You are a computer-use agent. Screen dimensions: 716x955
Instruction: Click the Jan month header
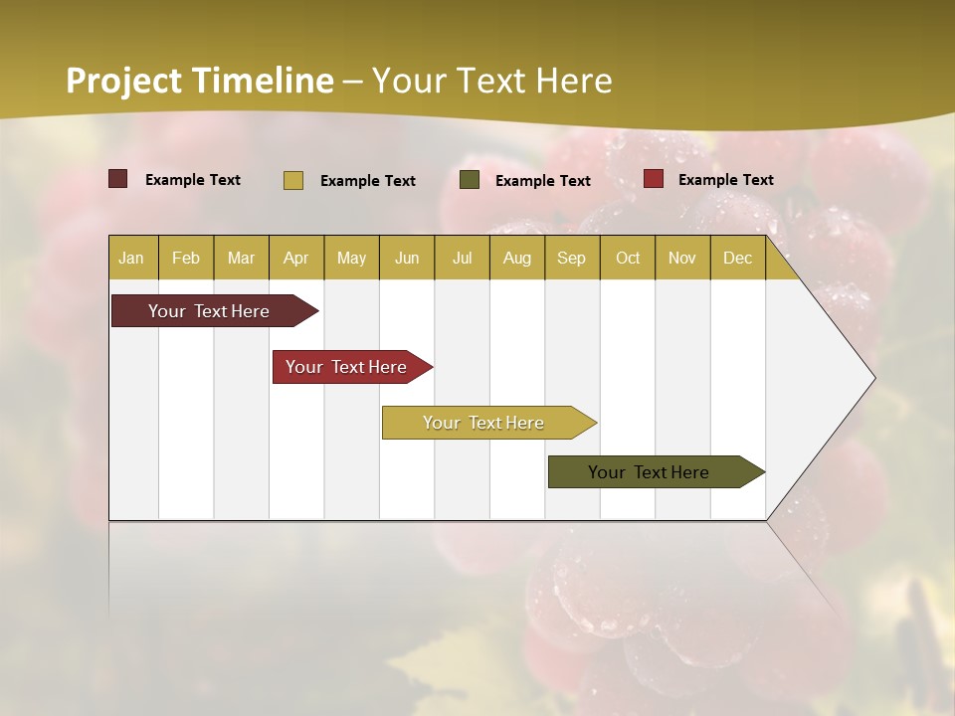tap(131, 258)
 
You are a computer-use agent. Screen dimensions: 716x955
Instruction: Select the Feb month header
tap(186, 258)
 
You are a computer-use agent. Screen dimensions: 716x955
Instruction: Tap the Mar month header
tap(241, 258)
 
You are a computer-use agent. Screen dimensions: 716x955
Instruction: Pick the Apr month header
tap(295, 258)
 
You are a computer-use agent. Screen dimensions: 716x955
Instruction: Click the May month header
tap(351, 258)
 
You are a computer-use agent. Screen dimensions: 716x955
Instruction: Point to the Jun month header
tap(407, 258)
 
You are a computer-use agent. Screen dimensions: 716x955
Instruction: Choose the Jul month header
tap(462, 258)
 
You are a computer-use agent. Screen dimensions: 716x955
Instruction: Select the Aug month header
tap(516, 258)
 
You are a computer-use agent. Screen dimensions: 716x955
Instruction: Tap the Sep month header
tap(571, 258)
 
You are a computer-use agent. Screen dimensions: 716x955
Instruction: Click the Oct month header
tap(628, 258)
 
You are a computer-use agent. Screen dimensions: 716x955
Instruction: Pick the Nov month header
tap(681, 258)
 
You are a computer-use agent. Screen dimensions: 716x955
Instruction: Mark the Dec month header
tap(737, 258)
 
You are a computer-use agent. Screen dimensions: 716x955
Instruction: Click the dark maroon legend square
tap(118, 179)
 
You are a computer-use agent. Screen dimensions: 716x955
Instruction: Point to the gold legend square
tap(293, 180)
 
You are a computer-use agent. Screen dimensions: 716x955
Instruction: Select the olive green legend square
tap(470, 180)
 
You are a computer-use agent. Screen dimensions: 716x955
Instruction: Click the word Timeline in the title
tap(263, 81)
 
